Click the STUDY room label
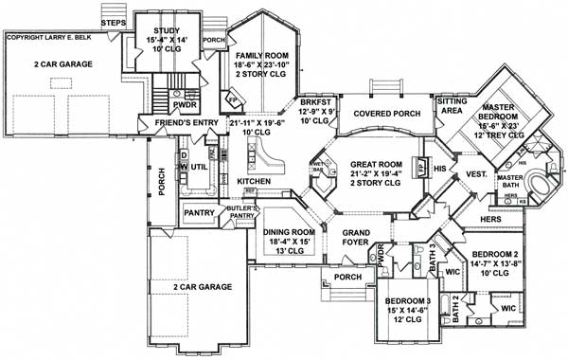coord(166,30)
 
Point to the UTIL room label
coord(199,168)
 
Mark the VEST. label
coord(476,174)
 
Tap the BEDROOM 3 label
coord(403,302)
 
